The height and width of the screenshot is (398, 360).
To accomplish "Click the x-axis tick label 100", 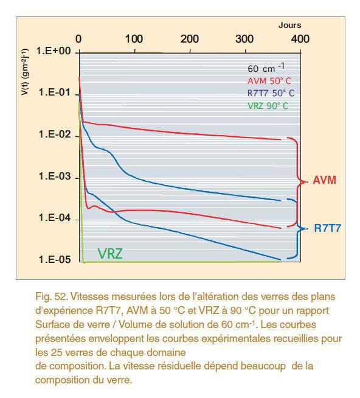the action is [134, 39].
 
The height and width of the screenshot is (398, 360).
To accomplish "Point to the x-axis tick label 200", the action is [190, 39].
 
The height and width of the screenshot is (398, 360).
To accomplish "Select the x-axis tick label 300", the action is [244, 39].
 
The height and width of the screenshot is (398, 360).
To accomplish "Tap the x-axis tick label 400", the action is [300, 39].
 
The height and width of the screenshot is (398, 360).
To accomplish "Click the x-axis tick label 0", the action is [78, 39].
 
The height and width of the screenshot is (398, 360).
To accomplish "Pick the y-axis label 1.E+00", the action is [54, 51].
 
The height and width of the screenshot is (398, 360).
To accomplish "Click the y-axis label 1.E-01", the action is [55, 92].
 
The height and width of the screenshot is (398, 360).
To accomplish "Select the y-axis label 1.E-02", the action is [55, 134].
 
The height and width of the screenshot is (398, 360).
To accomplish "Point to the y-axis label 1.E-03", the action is [55, 176].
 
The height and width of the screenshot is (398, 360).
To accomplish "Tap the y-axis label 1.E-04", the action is [55, 217].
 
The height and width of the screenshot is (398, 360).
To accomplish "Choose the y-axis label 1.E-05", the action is [55, 259].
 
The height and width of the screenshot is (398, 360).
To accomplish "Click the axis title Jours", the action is [289, 25].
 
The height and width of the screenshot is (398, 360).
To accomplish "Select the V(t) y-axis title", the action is [25, 72].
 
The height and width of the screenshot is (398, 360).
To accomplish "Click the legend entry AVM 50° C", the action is [269, 81].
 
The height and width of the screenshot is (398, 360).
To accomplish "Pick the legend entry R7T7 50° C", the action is [271, 93].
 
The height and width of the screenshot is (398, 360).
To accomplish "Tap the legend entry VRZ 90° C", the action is [268, 106].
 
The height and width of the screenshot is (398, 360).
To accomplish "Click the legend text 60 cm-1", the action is [266, 68].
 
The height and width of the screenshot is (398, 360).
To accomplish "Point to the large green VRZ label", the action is [110, 254].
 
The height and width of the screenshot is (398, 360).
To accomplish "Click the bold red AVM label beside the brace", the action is [324, 180].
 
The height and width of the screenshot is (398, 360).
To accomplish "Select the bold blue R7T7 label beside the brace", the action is [328, 228].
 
